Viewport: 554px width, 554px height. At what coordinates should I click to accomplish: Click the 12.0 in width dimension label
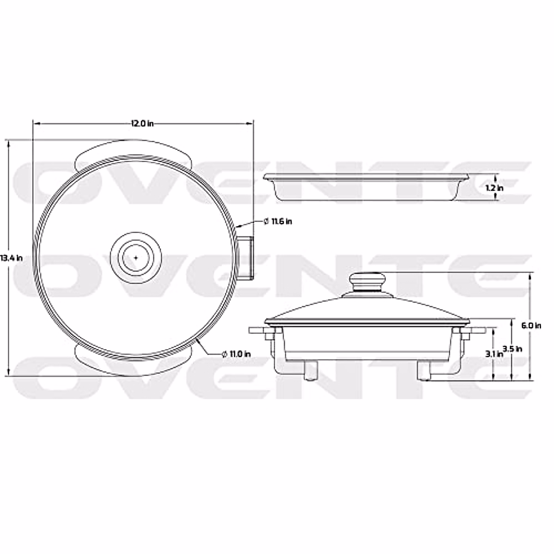pyautogui.click(x=142, y=123)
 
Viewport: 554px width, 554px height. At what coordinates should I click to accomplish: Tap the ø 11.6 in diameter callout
pyautogui.click(x=278, y=221)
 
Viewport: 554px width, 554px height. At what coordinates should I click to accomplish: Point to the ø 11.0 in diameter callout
pyautogui.click(x=236, y=354)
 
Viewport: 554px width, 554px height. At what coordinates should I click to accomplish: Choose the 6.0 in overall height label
pyautogui.click(x=531, y=325)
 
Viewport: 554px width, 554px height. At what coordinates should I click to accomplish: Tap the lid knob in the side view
pyautogui.click(x=367, y=281)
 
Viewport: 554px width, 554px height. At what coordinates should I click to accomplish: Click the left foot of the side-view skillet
pyautogui.click(x=311, y=370)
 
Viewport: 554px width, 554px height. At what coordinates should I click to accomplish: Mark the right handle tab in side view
pyautogui.click(x=476, y=331)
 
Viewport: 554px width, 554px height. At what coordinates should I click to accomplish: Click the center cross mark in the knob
pyautogui.click(x=136, y=257)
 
